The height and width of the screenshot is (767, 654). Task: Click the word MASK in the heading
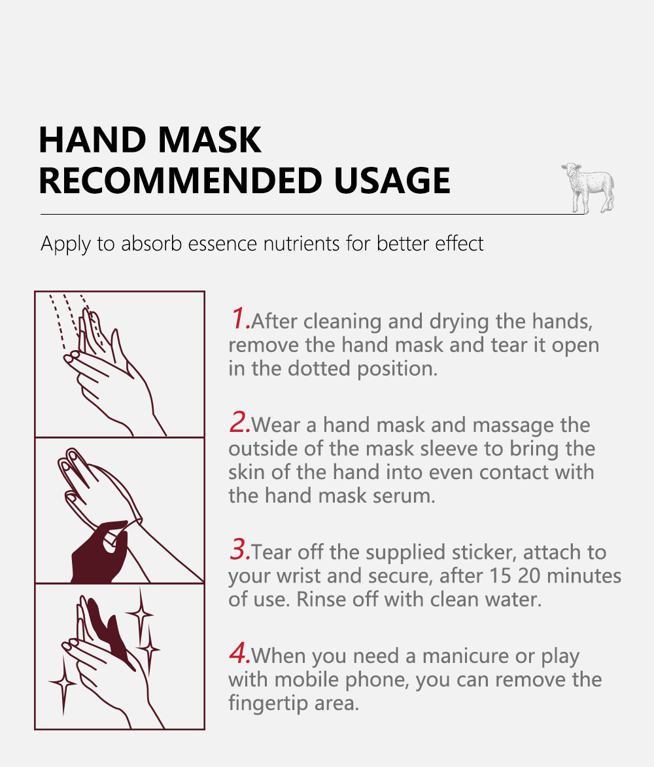coord(210,140)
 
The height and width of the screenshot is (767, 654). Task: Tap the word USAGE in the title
coord(392,181)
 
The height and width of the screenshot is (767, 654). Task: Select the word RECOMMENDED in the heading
coord(181,181)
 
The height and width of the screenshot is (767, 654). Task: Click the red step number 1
coord(239,318)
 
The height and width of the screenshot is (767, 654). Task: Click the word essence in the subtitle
coord(222,243)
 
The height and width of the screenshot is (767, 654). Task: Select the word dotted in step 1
coord(318,368)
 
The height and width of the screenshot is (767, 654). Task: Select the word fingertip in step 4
coord(268,704)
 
